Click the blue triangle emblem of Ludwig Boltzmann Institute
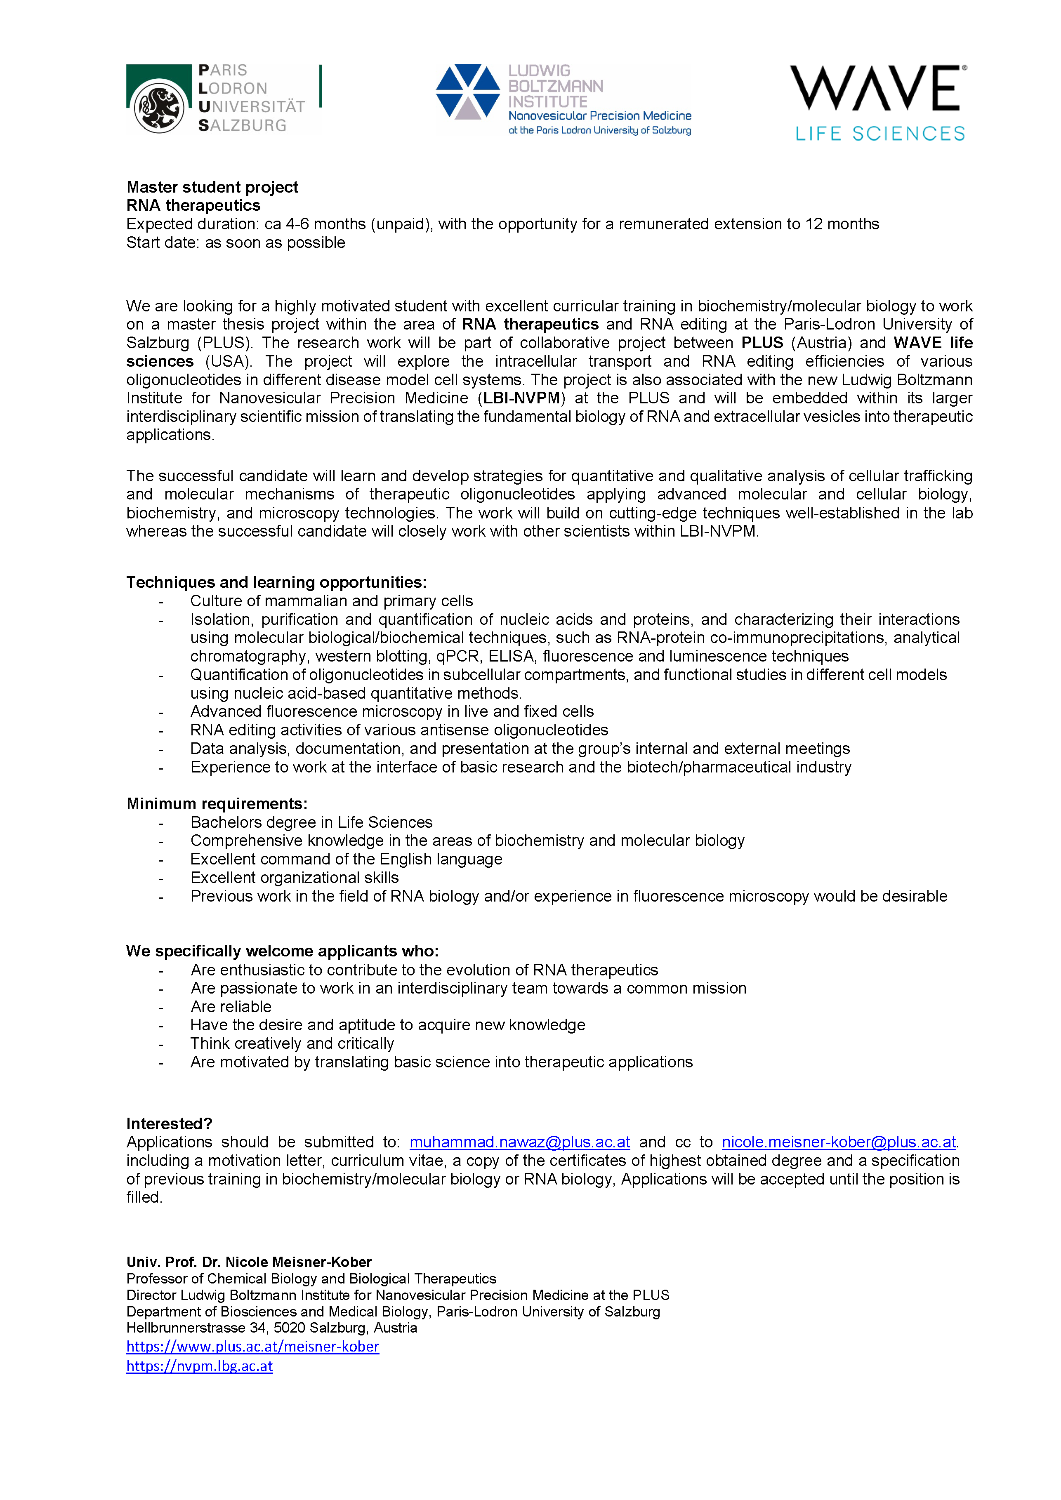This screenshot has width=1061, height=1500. point(468,92)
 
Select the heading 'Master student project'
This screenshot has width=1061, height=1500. point(212,188)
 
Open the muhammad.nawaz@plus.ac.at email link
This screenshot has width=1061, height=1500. point(519,1142)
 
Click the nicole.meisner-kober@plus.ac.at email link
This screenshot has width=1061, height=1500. point(838,1142)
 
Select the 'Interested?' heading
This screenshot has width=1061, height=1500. point(169,1124)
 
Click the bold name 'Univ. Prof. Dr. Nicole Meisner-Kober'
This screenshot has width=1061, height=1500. point(249,1262)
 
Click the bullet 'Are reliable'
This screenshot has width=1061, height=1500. point(231,1007)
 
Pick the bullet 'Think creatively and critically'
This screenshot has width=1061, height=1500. point(292,1043)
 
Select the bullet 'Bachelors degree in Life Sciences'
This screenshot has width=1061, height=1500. point(311,822)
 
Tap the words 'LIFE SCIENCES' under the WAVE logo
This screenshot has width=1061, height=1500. point(879,134)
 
